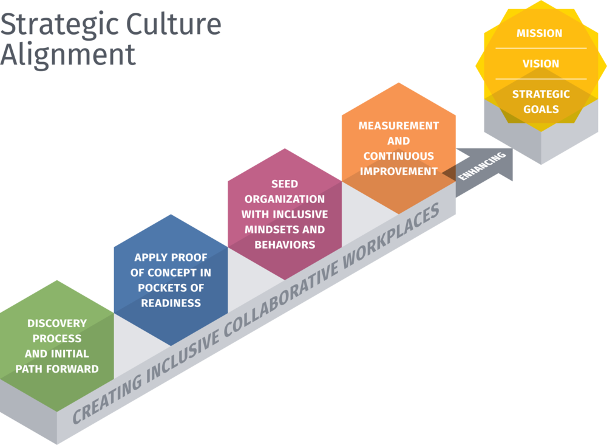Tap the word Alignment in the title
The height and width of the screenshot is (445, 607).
[67, 55]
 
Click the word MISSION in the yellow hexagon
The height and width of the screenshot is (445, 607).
[539, 33]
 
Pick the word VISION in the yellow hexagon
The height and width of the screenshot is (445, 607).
[540, 64]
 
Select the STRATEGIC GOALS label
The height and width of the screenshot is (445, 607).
[540, 102]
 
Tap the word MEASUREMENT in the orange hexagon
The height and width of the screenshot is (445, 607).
[398, 126]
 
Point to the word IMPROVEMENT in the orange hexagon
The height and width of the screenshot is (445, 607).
[398, 171]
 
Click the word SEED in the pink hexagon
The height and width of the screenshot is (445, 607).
[284, 184]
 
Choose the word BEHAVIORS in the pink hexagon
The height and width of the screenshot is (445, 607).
[284, 244]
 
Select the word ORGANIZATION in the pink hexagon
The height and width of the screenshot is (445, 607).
[284, 199]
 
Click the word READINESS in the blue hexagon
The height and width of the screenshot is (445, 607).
[171, 303]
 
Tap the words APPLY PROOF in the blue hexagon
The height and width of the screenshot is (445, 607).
[171, 257]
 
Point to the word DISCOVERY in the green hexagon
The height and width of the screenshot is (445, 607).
[56, 323]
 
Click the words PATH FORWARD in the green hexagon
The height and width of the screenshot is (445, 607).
[56, 368]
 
